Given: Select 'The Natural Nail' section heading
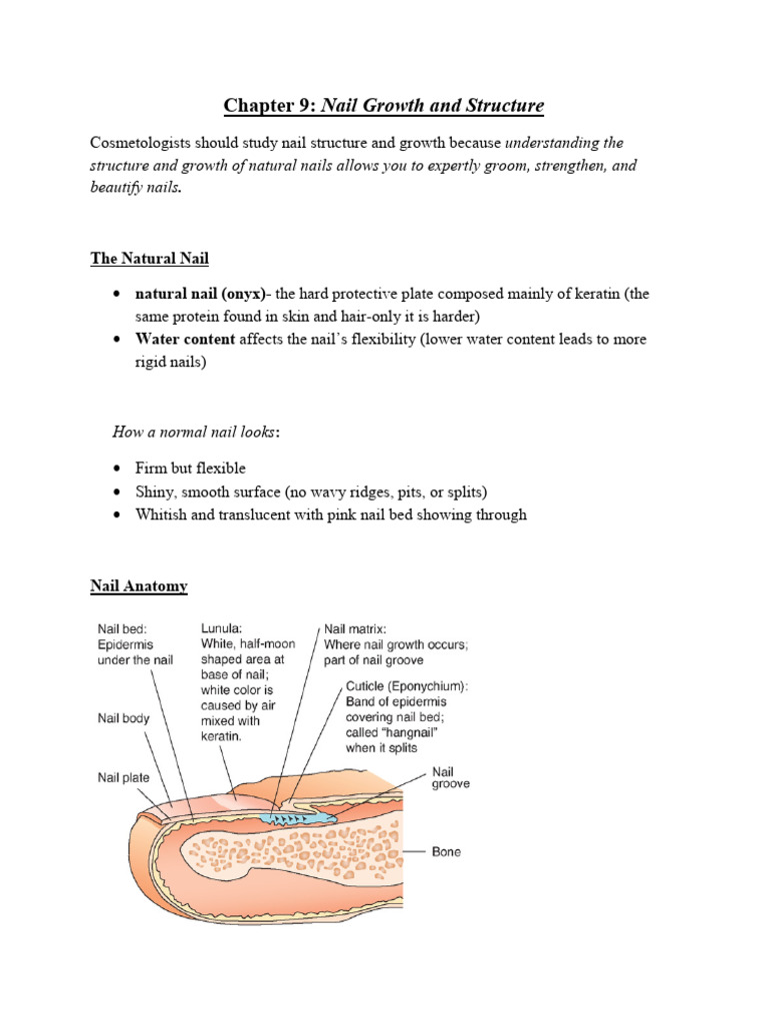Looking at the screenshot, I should tap(150, 259).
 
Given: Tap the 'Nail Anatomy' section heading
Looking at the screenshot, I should tap(139, 586).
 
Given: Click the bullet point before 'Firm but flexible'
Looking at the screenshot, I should tap(117, 469).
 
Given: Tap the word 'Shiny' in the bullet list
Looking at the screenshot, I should tap(155, 492).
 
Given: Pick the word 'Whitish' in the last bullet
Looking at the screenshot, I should tap(162, 514).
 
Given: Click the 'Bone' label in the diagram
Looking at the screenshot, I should tap(446, 852).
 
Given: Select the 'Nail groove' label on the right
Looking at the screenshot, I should tap(450, 778).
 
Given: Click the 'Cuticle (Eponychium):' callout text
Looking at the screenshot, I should tap(406, 688).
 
